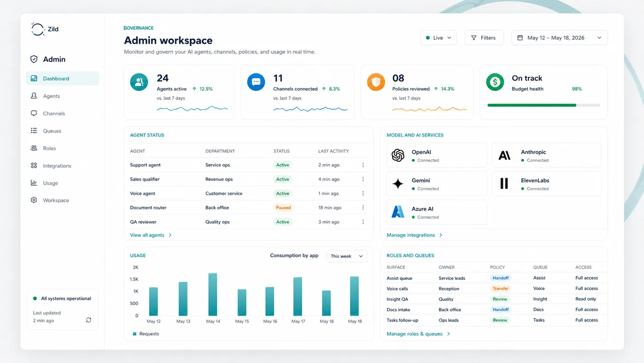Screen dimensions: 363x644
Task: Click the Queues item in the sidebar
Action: [52, 131]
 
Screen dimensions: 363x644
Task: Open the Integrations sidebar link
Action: [57, 166]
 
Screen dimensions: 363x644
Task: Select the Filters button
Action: [484, 38]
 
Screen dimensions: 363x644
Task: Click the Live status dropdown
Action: [438, 38]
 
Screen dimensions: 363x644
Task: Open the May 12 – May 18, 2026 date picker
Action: [559, 38]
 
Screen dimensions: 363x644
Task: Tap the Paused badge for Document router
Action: [283, 208]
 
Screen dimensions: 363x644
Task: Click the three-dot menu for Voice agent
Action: [363, 193]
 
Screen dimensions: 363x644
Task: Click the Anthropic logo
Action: [505, 156]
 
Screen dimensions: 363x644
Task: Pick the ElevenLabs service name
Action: [535, 181]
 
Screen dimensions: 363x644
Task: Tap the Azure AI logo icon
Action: [398, 212]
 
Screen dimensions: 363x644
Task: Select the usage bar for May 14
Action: [213, 294]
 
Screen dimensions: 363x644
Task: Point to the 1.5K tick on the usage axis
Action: [134, 279]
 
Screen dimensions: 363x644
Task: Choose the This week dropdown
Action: [347, 256]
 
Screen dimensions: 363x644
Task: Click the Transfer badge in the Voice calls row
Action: [500, 289]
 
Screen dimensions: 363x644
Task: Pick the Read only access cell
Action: [586, 299]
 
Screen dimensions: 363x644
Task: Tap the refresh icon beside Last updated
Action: [89, 320]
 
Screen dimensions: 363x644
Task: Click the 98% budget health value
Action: [577, 89]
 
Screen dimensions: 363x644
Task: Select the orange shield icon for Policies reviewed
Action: [376, 82]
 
